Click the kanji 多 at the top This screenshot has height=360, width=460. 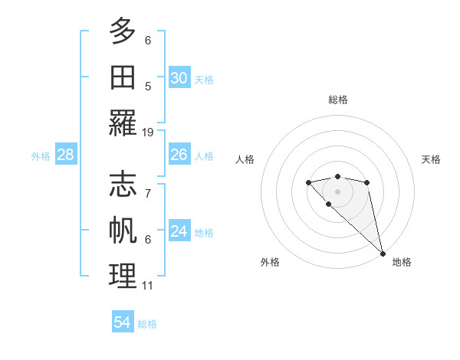pyautogui.click(x=123, y=31)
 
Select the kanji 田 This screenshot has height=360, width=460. pyautogui.click(x=123, y=77)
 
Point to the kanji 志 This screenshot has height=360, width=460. pyautogui.click(x=123, y=184)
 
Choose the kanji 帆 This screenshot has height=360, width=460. pyautogui.click(x=123, y=231)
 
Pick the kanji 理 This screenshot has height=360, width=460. pyautogui.click(x=123, y=277)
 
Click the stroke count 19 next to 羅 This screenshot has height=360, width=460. pyautogui.click(x=148, y=132)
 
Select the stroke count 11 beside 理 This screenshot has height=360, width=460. pyautogui.click(x=148, y=286)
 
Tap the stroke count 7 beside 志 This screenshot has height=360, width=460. pyautogui.click(x=148, y=193)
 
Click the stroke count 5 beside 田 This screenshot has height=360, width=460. pyautogui.click(x=148, y=86)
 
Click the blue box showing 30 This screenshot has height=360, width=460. pyautogui.click(x=179, y=78)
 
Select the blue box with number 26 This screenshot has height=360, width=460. pyautogui.click(x=179, y=155)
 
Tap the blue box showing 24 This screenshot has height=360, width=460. pyautogui.click(x=179, y=231)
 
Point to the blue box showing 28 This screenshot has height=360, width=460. pyautogui.click(x=66, y=155)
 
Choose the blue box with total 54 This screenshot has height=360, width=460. pyautogui.click(x=123, y=322)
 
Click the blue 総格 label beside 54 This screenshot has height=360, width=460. pyautogui.click(x=147, y=324)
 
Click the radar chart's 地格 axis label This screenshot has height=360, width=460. pyautogui.click(x=402, y=262)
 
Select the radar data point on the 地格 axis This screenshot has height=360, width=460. pyautogui.click(x=383, y=254)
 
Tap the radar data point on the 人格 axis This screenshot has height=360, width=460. pyautogui.click(x=308, y=182)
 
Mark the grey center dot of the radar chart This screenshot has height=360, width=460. pyautogui.click(x=337, y=191)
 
